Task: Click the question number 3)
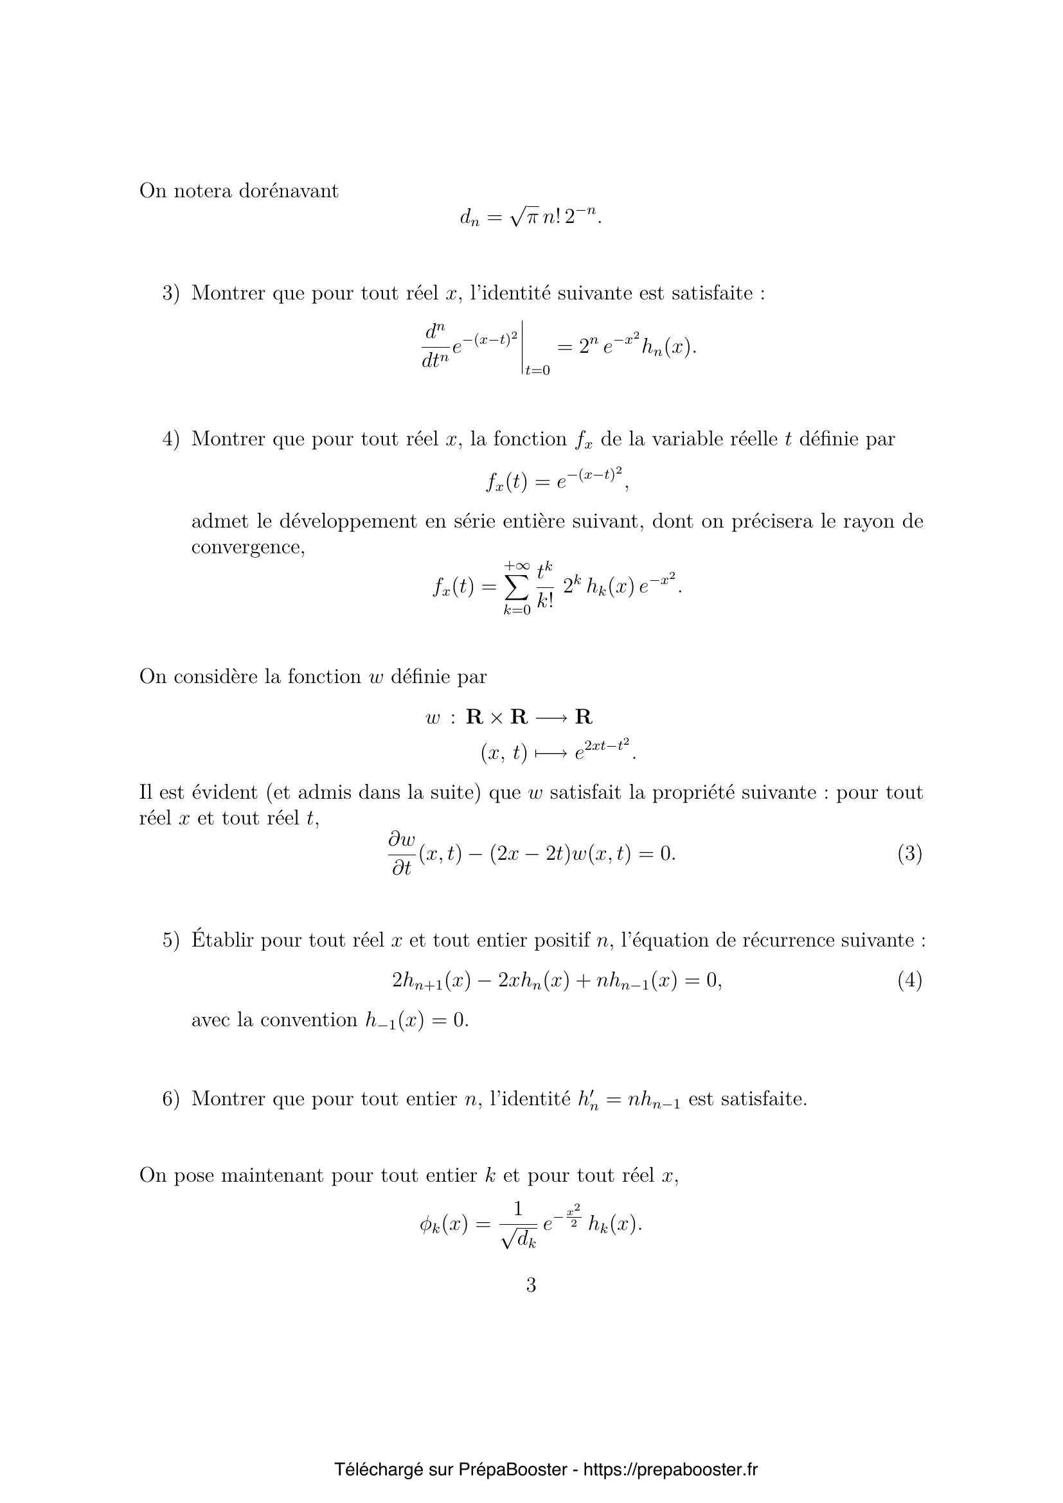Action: tap(170, 293)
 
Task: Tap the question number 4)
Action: tap(170, 439)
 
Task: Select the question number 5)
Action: tap(170, 941)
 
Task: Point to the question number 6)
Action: tap(170, 1099)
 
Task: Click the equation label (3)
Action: tap(909, 853)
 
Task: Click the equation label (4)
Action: tap(909, 980)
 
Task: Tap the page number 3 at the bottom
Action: tap(531, 1285)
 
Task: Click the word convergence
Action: tap(248, 547)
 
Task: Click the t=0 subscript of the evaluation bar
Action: tap(537, 371)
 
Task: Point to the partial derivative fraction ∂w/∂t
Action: tap(401, 853)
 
